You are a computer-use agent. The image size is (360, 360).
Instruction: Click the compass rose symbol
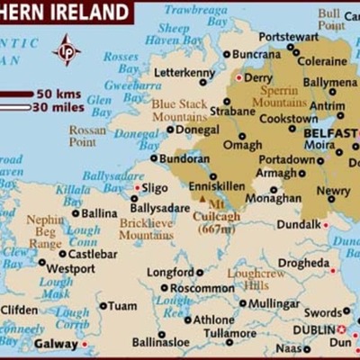[67, 49]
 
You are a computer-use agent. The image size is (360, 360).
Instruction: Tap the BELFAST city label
[331, 131]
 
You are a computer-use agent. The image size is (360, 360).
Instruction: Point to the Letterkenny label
[184, 72]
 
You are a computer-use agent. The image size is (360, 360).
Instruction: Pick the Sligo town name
[155, 188]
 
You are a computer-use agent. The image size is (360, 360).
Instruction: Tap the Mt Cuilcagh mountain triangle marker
[202, 199]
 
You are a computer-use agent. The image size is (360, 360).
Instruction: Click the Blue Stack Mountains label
[179, 110]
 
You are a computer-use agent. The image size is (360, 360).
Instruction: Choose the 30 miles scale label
[58, 107]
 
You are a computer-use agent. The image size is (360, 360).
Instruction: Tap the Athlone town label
[213, 319]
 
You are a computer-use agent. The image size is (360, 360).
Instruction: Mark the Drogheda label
[302, 263]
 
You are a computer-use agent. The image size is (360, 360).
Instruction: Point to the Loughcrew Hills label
[256, 278]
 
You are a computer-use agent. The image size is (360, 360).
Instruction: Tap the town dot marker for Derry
[238, 77]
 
